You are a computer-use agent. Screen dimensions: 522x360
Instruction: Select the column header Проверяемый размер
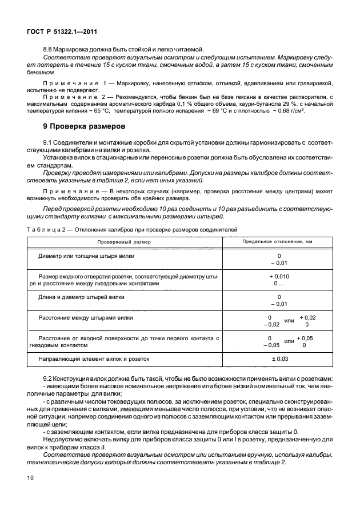[123, 242]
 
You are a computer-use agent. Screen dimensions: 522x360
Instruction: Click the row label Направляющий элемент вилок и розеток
[93, 359]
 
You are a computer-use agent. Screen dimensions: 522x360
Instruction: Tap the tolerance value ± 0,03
[278, 359]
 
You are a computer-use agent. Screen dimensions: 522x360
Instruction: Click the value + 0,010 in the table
[279, 276]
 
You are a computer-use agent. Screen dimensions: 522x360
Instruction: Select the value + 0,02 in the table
[307, 317]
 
